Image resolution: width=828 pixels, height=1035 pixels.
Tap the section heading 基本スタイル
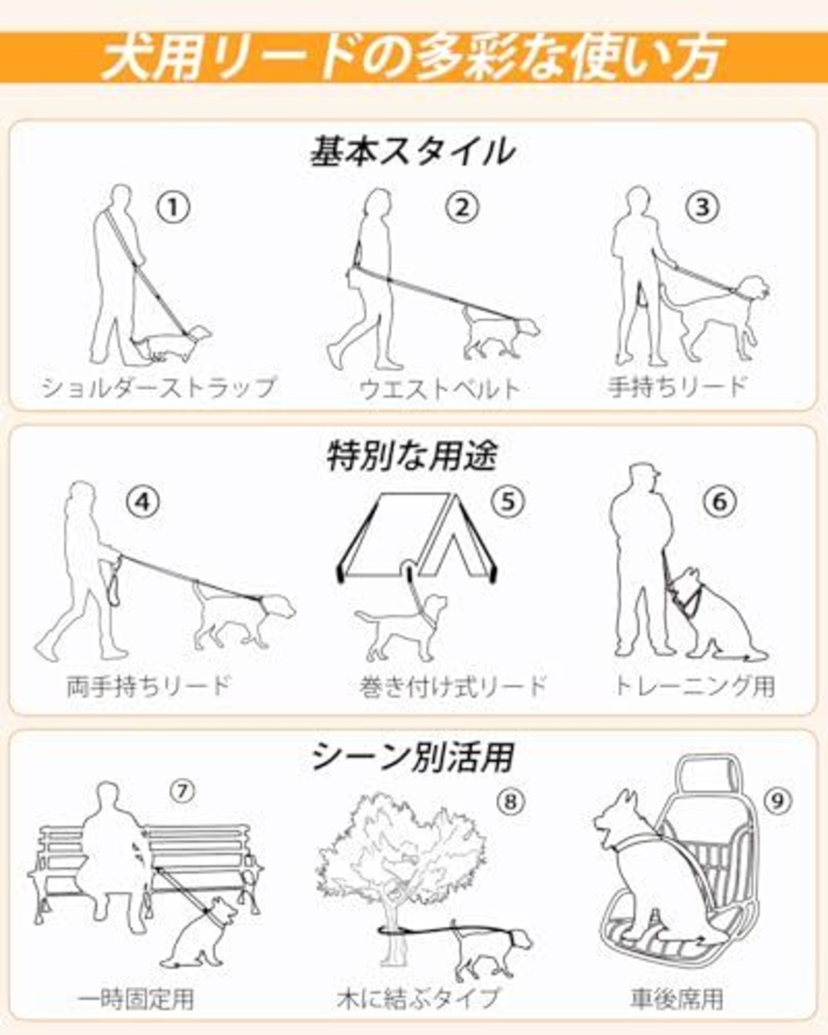[x=412, y=151]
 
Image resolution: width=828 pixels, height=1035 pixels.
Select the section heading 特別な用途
[x=412, y=455]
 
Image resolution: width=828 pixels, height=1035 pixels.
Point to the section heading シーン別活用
[x=413, y=757]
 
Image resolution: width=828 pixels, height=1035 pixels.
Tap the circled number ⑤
[x=508, y=501]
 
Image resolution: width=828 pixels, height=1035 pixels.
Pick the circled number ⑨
[x=778, y=801]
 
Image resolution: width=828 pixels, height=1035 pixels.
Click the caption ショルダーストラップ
[x=158, y=387]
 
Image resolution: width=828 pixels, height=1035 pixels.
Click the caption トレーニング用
[x=695, y=685]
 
